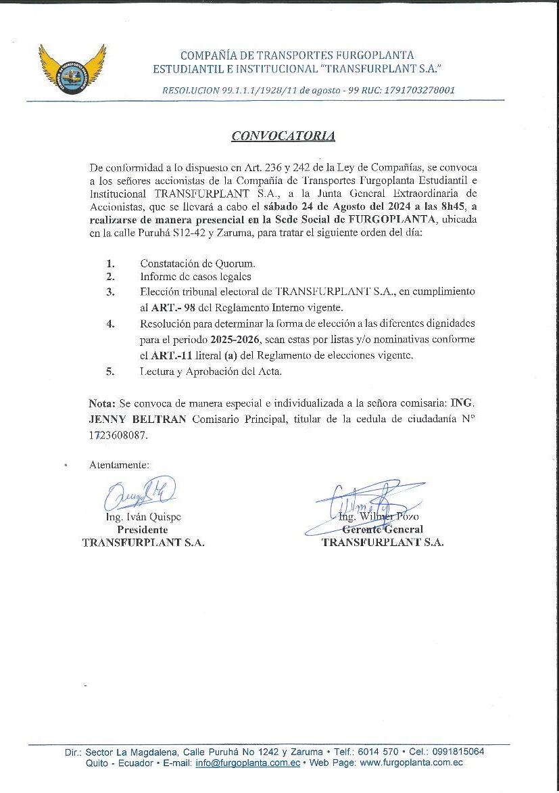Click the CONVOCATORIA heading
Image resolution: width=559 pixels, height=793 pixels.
click(283, 136)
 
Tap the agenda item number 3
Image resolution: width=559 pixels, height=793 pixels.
click(110, 292)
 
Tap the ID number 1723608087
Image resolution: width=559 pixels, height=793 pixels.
click(118, 436)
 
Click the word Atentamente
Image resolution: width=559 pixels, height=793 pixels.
click(119, 465)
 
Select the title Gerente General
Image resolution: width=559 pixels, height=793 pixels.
click(383, 530)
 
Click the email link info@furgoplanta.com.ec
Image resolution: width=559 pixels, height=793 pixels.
click(247, 763)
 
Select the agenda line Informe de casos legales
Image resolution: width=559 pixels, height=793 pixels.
click(195, 276)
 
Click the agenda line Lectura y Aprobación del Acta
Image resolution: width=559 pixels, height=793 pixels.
click(211, 371)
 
